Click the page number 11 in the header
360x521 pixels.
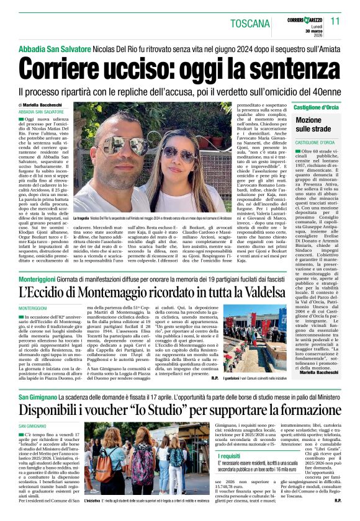(x=336, y=21)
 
